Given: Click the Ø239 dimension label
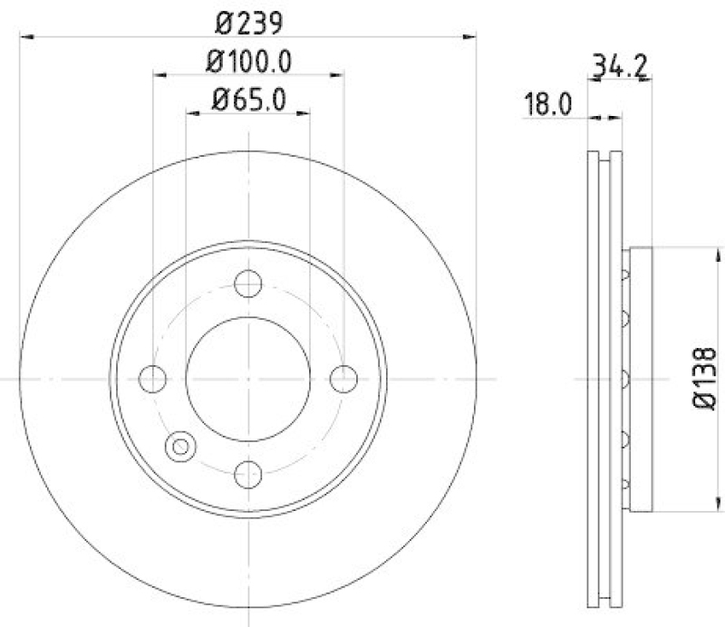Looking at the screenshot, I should click(x=247, y=18).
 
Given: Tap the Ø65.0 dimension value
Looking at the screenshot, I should click(x=247, y=99).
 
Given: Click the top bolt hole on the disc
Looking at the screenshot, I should click(x=247, y=284).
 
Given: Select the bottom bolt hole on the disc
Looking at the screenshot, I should click(x=247, y=472).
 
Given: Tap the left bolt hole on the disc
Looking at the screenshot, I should click(x=153, y=378).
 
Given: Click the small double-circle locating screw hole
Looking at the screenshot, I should click(x=179, y=446).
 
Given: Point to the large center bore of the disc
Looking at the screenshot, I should click(x=247, y=378).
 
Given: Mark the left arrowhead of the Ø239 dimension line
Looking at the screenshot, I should click(x=25, y=36).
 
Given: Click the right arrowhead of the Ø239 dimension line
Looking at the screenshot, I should click(x=469, y=36).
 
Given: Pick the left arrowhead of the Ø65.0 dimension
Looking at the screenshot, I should click(x=192, y=114).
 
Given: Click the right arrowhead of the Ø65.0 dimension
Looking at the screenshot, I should click(x=304, y=114).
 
